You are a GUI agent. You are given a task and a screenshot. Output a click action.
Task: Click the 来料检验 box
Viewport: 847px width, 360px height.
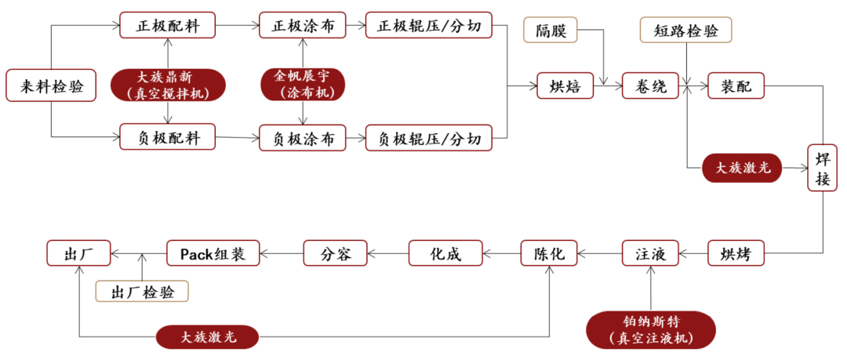coord(51,85)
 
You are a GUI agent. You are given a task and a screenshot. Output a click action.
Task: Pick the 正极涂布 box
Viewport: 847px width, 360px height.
coord(302,26)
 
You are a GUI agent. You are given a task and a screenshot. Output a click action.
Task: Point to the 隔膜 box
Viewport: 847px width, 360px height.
coord(551,31)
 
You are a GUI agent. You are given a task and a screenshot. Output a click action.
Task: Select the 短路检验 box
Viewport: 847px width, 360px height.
coord(686,31)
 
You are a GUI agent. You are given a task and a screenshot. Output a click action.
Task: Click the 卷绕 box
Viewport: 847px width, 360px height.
coord(650,86)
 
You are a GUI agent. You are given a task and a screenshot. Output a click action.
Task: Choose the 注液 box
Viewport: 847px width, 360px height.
coord(650,253)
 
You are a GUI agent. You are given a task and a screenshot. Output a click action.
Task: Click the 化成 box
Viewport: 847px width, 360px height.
coord(443,253)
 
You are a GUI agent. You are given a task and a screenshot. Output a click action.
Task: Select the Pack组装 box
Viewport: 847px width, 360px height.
coord(213,253)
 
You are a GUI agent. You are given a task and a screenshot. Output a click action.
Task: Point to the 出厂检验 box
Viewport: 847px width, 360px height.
coord(142,292)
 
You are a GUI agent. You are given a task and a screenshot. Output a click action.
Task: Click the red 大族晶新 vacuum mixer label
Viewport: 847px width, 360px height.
coord(168,85)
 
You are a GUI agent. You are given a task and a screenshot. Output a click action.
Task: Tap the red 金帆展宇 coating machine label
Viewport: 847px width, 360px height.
coord(302,84)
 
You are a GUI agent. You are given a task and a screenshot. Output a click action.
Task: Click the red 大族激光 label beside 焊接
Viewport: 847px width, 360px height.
coord(742,168)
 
